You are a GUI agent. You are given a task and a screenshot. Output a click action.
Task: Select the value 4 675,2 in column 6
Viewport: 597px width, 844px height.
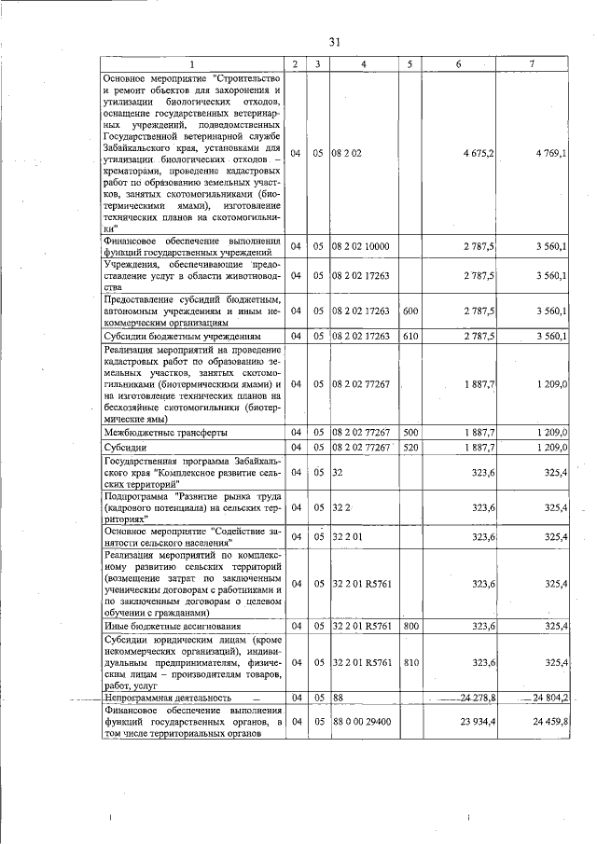pos(470,153)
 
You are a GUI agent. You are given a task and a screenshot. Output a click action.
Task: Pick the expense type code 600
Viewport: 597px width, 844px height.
pos(410,310)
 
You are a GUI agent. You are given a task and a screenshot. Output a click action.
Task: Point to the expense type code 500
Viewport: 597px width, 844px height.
pos(410,433)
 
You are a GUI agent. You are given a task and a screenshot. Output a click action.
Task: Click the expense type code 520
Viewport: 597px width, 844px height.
pos(410,448)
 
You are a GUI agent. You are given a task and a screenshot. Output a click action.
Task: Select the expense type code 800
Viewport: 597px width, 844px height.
pos(410,626)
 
